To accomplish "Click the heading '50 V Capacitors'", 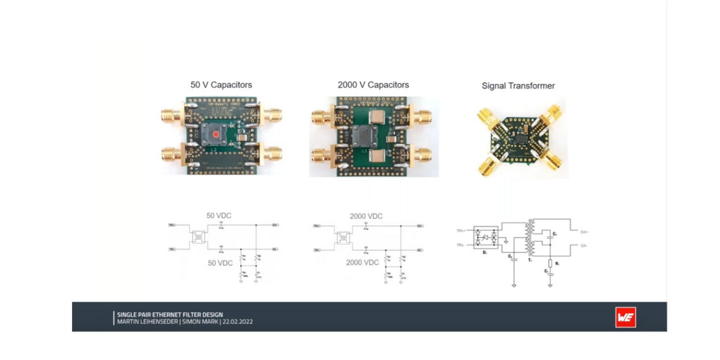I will coord(221,85).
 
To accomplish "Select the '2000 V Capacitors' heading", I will coord(373,85).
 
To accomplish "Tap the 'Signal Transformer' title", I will coord(518,86).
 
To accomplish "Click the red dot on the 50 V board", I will coord(216,134).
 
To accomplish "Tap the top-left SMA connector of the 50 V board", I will coord(171,116).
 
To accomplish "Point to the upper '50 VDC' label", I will coord(219,215).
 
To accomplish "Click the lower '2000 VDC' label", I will coord(363,262).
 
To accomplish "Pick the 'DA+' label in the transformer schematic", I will coord(585,232).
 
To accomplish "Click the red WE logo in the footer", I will coord(625,317).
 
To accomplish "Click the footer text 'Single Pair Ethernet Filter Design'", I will coord(170,315).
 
